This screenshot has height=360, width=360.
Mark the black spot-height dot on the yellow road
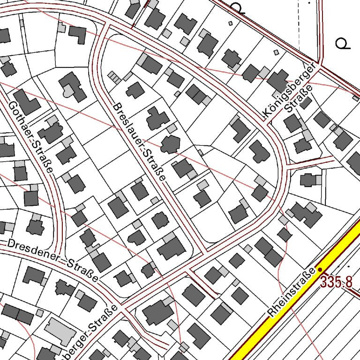point(320,270)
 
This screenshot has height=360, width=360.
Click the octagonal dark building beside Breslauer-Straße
point(169,144)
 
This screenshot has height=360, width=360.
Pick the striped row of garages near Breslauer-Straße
point(114,77)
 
